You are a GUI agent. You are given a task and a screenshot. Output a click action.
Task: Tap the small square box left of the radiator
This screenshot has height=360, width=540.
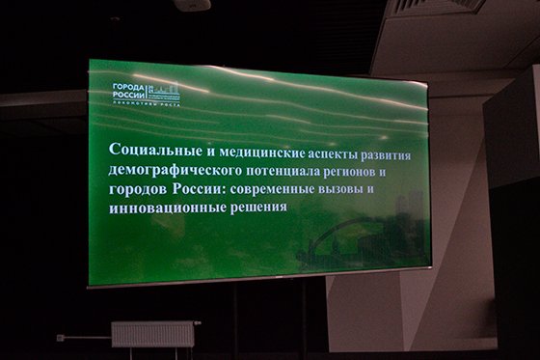coord(60,338)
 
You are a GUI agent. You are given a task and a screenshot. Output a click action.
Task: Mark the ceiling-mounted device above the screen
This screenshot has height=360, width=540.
coord(192,5)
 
